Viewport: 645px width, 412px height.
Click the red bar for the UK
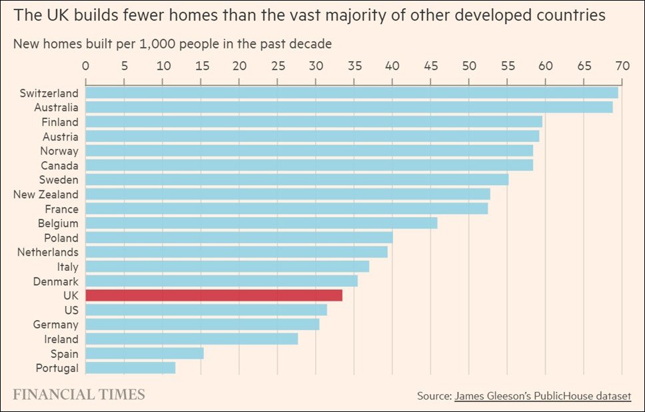tap(214, 296)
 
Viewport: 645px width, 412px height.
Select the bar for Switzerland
tap(352, 93)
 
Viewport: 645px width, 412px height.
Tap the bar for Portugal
tap(131, 367)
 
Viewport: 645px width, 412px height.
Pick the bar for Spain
tap(145, 353)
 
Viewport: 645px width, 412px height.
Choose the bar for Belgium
tap(261, 223)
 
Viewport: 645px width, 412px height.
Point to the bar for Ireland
tap(192, 339)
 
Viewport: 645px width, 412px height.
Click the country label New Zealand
tap(46, 194)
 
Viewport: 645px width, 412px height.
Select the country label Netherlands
tap(48, 252)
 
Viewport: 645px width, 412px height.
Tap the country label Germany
tap(55, 325)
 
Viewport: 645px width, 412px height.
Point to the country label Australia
tap(56, 108)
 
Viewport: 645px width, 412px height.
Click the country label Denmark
tap(55, 282)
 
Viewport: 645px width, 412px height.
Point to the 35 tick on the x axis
tap(354, 66)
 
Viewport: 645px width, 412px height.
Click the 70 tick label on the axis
tap(622, 66)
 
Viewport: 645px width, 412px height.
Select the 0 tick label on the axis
tap(85, 66)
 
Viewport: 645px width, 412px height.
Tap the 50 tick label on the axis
tap(469, 66)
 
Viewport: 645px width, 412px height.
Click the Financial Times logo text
tap(79, 395)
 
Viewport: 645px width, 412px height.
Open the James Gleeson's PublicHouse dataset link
tap(542, 396)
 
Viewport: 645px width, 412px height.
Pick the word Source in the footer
tap(434, 396)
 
